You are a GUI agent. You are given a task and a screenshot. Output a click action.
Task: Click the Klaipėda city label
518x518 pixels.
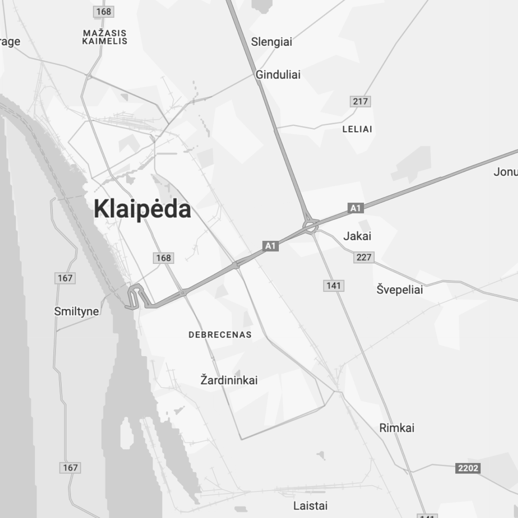click(x=142, y=209)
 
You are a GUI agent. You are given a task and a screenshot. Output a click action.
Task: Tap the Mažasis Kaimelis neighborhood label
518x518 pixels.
click(x=105, y=37)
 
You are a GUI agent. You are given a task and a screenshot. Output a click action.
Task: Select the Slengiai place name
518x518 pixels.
click(x=271, y=42)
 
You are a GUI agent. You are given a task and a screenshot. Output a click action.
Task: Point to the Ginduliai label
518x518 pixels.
click(x=278, y=74)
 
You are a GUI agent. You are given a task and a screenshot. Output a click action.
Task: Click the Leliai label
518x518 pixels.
click(x=357, y=129)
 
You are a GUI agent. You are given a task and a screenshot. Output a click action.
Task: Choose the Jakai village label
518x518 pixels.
click(x=357, y=236)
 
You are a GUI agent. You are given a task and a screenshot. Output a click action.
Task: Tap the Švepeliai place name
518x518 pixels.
click(x=399, y=290)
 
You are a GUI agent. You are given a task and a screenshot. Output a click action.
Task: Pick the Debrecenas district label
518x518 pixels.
click(x=220, y=335)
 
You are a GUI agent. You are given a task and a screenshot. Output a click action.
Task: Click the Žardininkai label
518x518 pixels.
click(x=229, y=380)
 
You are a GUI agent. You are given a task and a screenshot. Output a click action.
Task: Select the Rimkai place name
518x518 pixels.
click(x=397, y=428)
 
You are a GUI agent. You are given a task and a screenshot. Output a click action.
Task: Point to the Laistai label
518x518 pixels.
click(x=310, y=505)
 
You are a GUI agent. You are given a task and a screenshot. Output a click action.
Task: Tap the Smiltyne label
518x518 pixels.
click(x=76, y=311)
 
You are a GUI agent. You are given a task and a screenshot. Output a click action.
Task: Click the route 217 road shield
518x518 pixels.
click(x=360, y=101)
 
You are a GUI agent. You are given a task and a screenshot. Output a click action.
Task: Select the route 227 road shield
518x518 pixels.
click(x=364, y=257)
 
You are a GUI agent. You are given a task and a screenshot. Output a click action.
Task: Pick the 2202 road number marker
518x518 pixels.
click(x=468, y=468)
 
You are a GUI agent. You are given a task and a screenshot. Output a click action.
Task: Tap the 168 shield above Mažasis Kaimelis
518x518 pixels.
click(x=104, y=11)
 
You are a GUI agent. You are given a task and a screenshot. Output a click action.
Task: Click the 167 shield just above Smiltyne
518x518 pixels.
click(x=65, y=278)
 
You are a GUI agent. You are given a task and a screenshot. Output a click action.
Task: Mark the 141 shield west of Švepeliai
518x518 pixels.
click(x=334, y=286)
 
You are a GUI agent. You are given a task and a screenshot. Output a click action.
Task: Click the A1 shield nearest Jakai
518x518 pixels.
click(x=355, y=208)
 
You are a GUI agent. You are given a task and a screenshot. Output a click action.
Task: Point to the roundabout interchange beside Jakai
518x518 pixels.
click(x=310, y=226)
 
